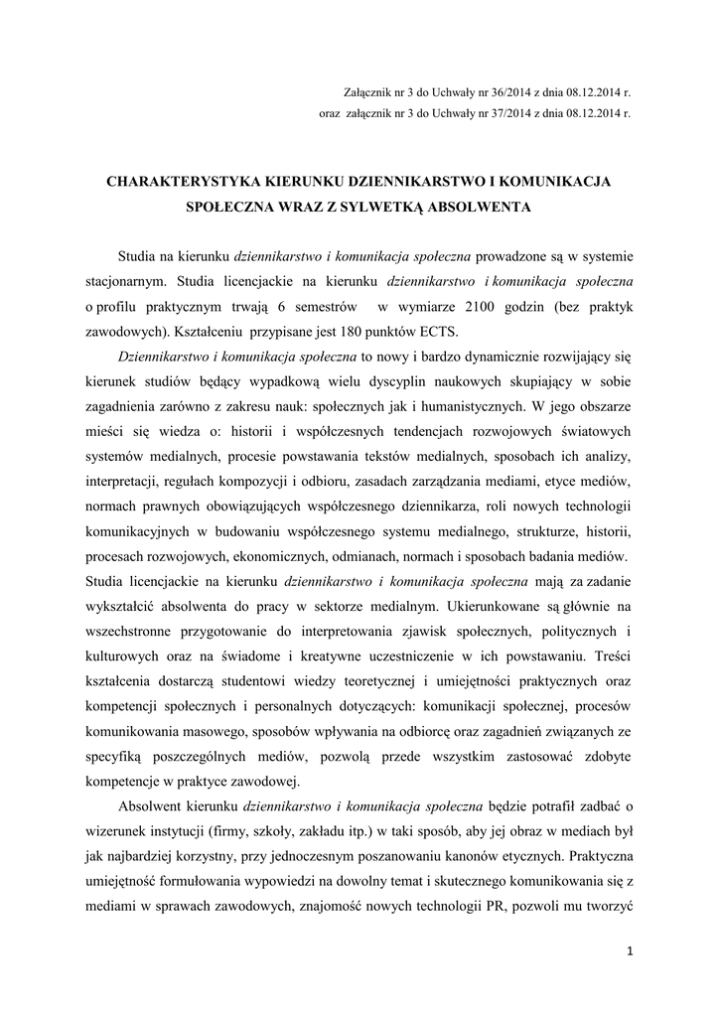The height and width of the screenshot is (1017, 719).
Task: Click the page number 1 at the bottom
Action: pos(631,950)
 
